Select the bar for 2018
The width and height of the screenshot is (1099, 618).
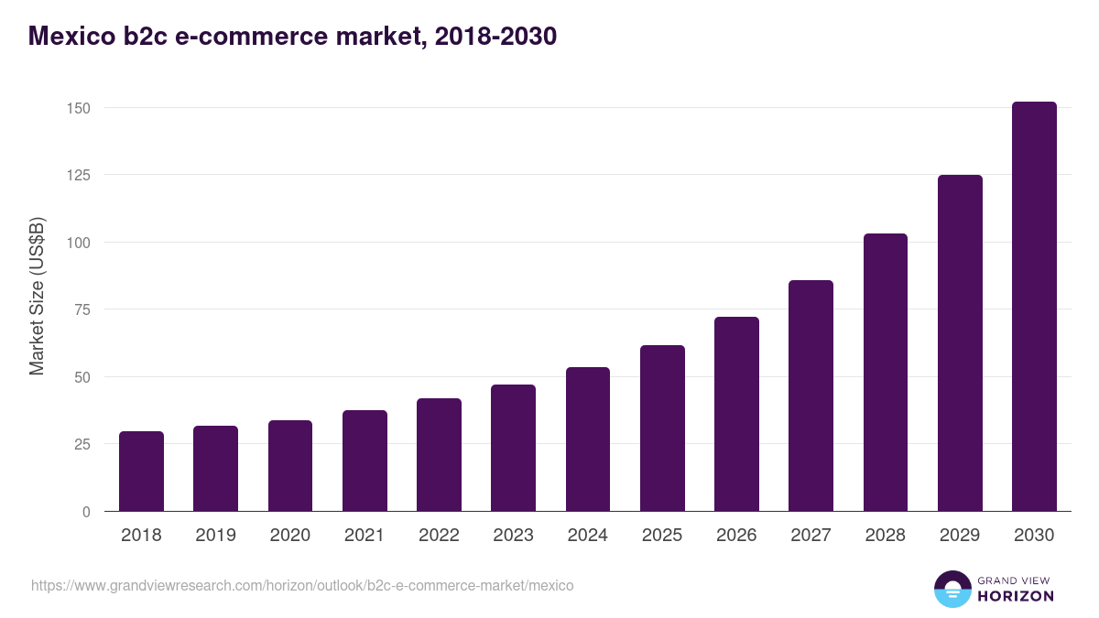141,472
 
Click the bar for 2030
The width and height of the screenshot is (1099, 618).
1034,307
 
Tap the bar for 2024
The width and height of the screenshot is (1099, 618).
588,439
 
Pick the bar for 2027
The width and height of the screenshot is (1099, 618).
811,396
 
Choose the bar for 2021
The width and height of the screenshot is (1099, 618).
365,461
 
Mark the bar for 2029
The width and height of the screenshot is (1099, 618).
960,343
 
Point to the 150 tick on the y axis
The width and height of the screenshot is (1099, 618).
79,108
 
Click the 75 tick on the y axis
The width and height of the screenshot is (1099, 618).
82,309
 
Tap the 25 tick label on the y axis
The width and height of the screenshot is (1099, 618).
82,444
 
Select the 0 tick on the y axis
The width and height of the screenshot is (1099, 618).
87,512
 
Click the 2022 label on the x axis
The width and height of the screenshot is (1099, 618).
439,536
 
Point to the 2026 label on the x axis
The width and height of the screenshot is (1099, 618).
736,536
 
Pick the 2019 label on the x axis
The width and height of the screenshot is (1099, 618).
215,536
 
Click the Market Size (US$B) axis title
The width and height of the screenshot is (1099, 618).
37,297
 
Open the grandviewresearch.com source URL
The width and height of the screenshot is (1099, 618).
302,585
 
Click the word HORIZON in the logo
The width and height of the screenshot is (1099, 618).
1016,596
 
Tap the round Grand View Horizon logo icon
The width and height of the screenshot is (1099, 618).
952,589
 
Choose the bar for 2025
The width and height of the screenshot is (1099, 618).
662,428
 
